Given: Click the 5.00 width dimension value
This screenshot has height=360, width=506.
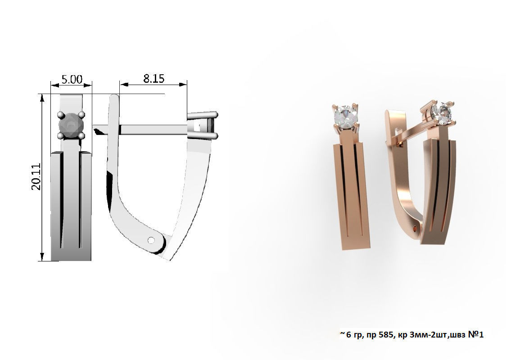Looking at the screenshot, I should coord(72,80).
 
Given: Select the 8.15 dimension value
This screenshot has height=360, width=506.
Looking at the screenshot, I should coord(154,79).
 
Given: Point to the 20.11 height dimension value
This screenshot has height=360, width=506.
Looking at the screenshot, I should coord(36,177).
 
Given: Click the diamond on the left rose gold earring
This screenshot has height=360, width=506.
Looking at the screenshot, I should coord(345,117).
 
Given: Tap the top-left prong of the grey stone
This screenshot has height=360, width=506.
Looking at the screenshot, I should coord(61,115).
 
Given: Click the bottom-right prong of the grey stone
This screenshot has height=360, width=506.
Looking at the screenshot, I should coord(81,135).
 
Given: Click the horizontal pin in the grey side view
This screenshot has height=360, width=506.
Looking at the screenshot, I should coord(153,130).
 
